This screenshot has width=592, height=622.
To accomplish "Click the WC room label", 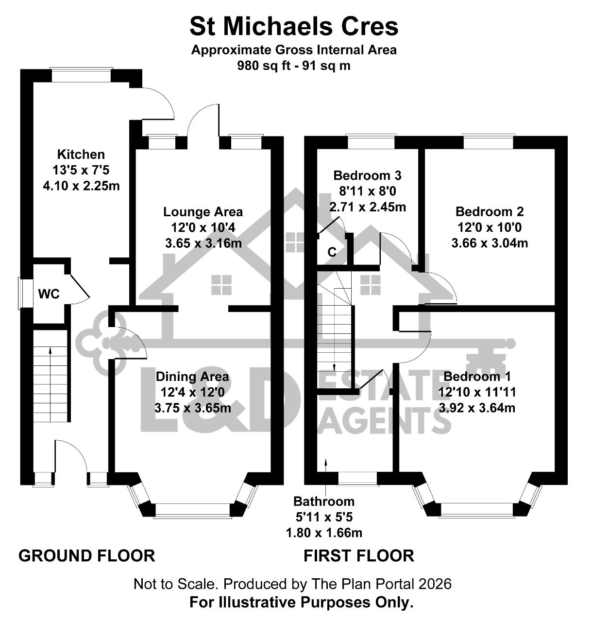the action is click(x=49, y=294).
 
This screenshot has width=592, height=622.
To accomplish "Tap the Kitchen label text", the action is click(x=81, y=155).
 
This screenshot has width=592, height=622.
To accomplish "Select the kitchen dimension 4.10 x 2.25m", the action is click(x=81, y=186).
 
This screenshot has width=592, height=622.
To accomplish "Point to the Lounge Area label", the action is click(x=203, y=212).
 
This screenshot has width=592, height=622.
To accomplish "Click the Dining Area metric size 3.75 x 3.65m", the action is click(x=193, y=408).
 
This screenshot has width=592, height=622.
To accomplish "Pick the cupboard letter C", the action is click(x=332, y=252).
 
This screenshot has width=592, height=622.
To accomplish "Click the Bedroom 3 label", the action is click(x=368, y=175).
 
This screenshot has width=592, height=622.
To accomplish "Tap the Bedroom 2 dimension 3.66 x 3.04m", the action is click(x=490, y=243).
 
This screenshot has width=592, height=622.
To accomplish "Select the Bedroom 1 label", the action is click(x=477, y=377).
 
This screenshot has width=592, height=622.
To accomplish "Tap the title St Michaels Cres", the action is click(x=294, y=27).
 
